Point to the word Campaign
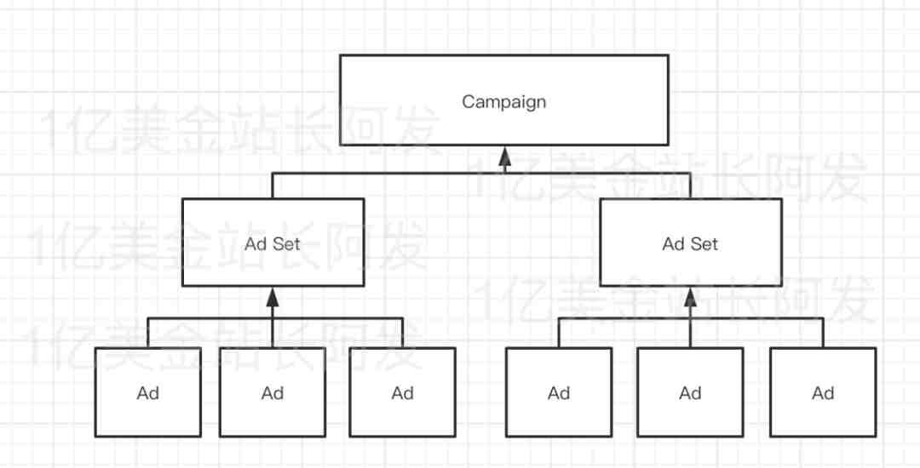(504, 102)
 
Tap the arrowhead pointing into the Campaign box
(504, 156)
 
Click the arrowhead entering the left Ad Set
(273, 298)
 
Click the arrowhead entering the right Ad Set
(691, 298)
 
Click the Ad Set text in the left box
(273, 243)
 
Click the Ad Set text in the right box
(690, 243)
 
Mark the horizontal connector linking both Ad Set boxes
(481, 173)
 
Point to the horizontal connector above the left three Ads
(275, 318)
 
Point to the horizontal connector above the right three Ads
(691, 318)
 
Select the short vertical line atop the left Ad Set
(273, 185)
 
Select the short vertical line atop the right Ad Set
(691, 185)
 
